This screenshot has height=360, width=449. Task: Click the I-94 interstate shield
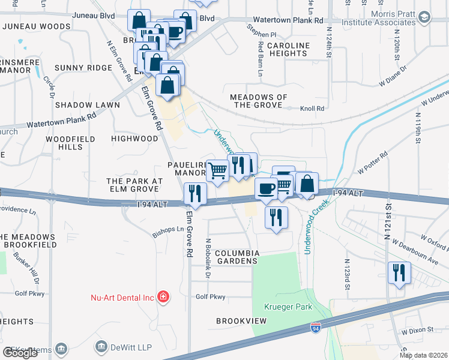tap(316, 328)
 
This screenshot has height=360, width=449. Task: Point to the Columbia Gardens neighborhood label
tap(237, 257)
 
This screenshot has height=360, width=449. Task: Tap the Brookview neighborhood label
tap(241, 321)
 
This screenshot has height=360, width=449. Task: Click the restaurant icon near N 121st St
tap(399, 273)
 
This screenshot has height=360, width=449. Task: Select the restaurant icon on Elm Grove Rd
tap(195, 193)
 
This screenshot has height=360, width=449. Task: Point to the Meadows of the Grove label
tap(259, 101)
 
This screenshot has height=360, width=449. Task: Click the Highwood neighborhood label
tap(134, 139)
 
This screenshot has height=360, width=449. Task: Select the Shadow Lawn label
tap(88, 105)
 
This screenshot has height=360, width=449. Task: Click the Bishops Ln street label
tap(168, 229)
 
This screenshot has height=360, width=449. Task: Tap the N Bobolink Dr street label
tap(208, 258)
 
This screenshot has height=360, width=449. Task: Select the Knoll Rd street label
tap(312, 109)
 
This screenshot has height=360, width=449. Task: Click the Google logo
tap(20, 353)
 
